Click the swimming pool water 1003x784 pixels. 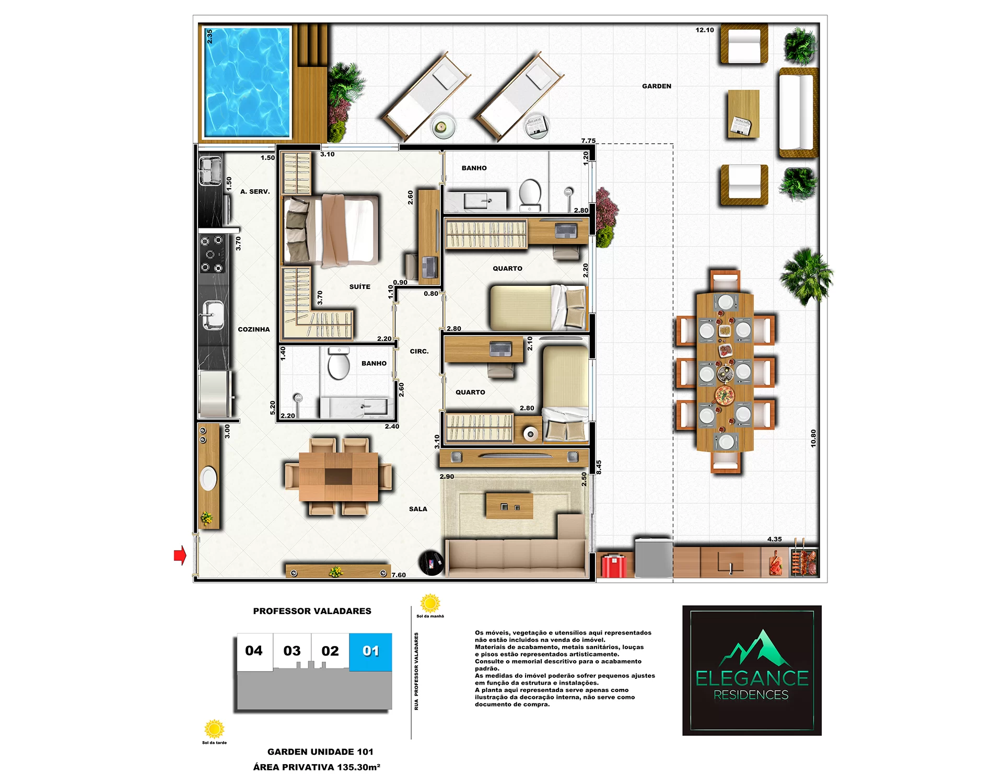pyautogui.click(x=247, y=83)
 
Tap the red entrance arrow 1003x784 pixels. pyautogui.click(x=180, y=555)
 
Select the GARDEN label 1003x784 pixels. pyautogui.click(x=657, y=86)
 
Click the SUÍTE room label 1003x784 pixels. pyautogui.click(x=360, y=286)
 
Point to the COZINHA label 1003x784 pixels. pyautogui.click(x=254, y=329)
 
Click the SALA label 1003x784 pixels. pyautogui.click(x=418, y=509)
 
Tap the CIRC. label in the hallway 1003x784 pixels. pyautogui.click(x=419, y=351)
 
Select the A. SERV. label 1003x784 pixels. pyautogui.click(x=255, y=192)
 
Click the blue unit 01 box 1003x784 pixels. pyautogui.click(x=370, y=652)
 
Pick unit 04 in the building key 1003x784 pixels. pyautogui.click(x=254, y=651)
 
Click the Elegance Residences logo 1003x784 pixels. pyautogui.click(x=752, y=671)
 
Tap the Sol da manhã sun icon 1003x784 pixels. pyautogui.click(x=430, y=603)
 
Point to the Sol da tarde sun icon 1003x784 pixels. pyautogui.click(x=214, y=729)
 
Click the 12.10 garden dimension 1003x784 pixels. pyautogui.click(x=704, y=30)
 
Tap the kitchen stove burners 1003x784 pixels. pyautogui.click(x=212, y=255)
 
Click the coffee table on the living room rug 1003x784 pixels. pyautogui.click(x=509, y=505)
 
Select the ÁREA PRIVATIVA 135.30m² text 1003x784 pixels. pyautogui.click(x=317, y=767)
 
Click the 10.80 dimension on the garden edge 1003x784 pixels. pyautogui.click(x=813, y=439)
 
